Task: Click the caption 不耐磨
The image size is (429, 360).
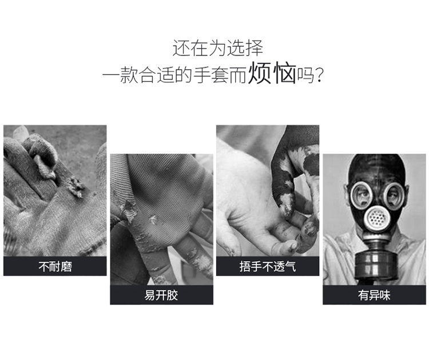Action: coord(55,266)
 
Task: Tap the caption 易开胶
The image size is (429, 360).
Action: coord(161,295)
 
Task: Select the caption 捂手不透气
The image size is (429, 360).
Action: coord(268,266)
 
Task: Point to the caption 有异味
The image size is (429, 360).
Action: coord(374,295)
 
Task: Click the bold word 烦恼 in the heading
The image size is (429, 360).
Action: coord(272,73)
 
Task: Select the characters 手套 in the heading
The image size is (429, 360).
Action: coord(211,75)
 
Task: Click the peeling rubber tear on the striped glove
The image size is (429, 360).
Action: coord(129,211)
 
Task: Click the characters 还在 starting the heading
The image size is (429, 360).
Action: coord(190,48)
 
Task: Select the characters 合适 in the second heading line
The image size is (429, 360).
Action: coord(157,75)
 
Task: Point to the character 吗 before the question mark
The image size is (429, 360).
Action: coord(305,75)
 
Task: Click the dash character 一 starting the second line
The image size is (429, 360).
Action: coord(111,74)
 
